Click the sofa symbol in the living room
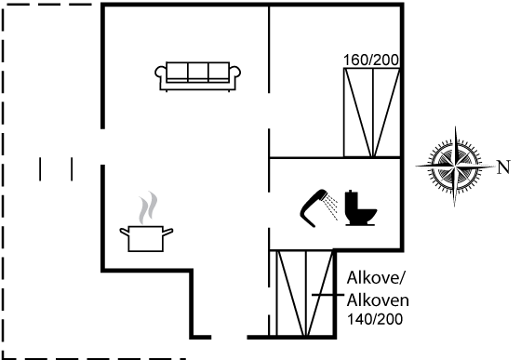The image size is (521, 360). (197, 76)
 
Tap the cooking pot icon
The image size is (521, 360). (146, 238)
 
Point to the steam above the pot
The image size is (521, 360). (148, 207)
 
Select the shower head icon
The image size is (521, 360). (314, 208)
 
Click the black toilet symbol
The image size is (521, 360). (360, 208)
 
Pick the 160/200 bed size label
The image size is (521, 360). (371, 60)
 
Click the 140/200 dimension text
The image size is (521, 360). (375, 319)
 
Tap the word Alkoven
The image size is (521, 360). (378, 300)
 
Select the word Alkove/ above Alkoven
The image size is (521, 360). (377, 277)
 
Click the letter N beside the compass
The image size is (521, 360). (503, 167)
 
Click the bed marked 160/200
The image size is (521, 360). (372, 113)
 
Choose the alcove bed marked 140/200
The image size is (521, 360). (305, 293)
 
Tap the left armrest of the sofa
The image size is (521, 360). (160, 73)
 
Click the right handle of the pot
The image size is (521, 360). (167, 232)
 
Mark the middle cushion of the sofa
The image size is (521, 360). (198, 71)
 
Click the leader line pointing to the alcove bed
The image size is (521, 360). (327, 295)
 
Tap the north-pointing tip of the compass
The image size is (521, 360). (494, 166)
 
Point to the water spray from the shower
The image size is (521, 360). (331, 207)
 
